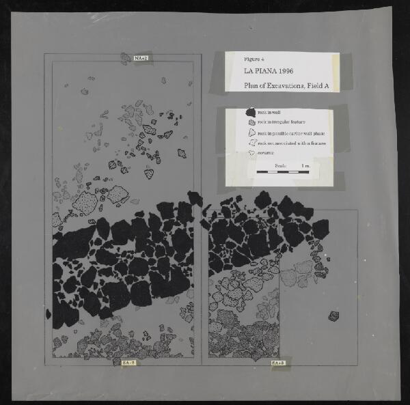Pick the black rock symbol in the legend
pos(251,112)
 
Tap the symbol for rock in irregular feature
pos(251,122)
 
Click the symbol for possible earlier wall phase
pos(251,133)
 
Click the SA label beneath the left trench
pos(128,362)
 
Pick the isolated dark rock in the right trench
pos(333,316)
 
